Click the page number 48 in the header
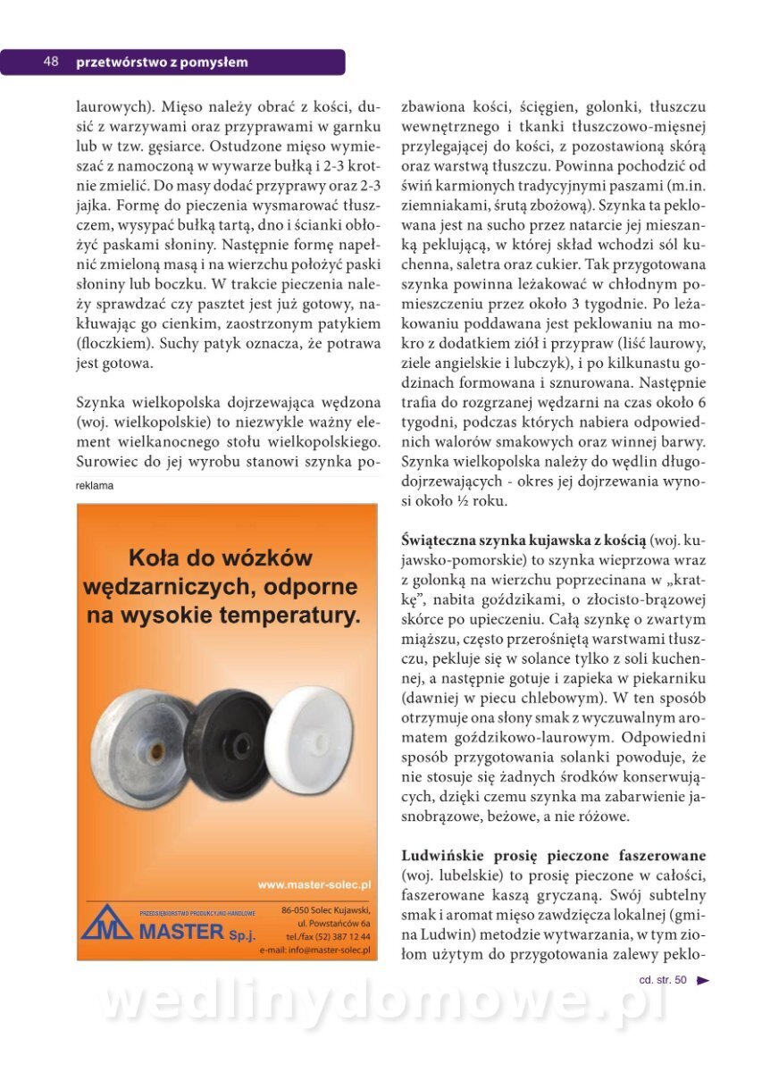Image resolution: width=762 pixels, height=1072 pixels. (x=50, y=63)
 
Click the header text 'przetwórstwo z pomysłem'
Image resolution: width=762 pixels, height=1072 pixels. (x=162, y=63)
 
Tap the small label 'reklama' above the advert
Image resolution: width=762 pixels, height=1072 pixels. (x=95, y=486)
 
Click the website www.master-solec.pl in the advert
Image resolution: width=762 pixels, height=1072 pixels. (x=314, y=885)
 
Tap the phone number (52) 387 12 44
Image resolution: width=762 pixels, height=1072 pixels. (x=328, y=936)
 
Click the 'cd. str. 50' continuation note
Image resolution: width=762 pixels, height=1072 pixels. (x=663, y=980)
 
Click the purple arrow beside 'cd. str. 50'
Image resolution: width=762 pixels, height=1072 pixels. (x=703, y=980)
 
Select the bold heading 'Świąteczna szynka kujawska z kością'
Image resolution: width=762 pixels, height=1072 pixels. (x=523, y=540)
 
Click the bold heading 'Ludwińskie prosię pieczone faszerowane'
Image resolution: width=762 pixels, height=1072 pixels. (x=554, y=855)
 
